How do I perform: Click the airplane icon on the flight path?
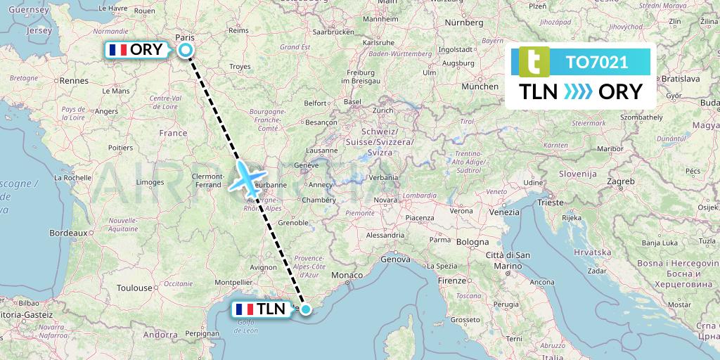(250, 177)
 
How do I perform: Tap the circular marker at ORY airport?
(185, 50)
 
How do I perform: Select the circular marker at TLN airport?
(306, 309)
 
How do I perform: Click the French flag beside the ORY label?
(117, 50)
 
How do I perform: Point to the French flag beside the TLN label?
(245, 309)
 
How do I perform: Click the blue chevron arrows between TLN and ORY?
(579, 91)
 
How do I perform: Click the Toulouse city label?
(135, 288)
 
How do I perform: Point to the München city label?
(480, 86)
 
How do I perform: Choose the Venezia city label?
(504, 212)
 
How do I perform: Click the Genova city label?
(395, 259)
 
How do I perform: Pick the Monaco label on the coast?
(346, 274)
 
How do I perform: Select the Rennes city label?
(73, 81)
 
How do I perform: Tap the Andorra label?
(160, 335)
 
